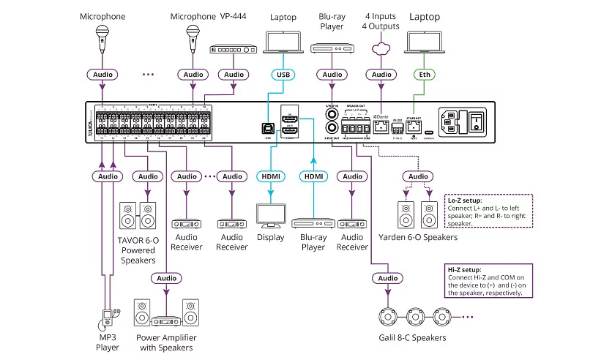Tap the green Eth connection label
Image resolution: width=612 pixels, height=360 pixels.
[424, 74]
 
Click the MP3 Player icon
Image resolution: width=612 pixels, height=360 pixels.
[108, 316]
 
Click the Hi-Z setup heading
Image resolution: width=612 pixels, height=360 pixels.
[463, 269]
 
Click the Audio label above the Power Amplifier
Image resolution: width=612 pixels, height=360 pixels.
[166, 278]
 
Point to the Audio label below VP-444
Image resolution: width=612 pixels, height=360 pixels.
[234, 74]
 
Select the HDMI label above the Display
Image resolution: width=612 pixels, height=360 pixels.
[272, 176]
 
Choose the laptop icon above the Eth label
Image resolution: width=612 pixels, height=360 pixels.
[424, 45]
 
